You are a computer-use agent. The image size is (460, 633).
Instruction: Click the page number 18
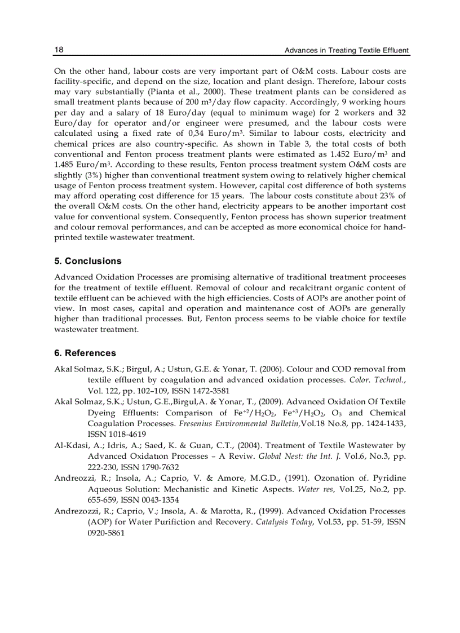click(x=59, y=50)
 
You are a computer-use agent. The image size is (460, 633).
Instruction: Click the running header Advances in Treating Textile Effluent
click(x=346, y=50)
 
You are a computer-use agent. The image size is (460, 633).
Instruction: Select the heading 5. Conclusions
click(x=87, y=261)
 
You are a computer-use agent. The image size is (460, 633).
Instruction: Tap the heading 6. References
click(x=85, y=353)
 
